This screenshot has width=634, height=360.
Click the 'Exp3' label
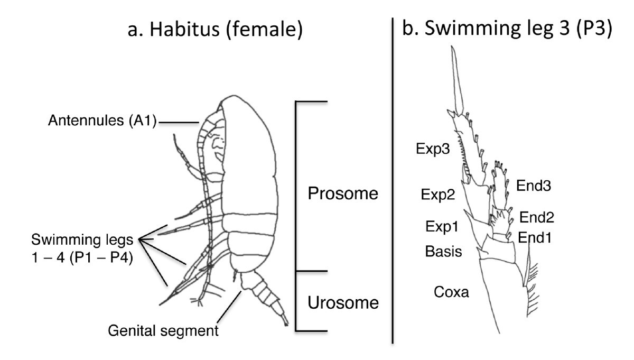432,150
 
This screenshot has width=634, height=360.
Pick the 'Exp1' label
441,227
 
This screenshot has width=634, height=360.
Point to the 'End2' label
537,217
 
